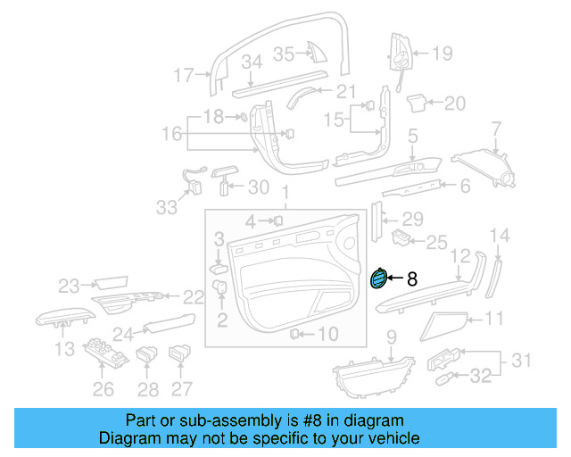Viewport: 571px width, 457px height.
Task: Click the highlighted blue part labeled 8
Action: click(378, 279)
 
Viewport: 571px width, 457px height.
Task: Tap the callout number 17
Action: click(183, 76)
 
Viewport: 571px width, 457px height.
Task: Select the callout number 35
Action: click(283, 54)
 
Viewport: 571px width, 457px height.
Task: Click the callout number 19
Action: click(443, 54)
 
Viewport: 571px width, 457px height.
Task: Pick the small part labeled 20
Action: click(415, 104)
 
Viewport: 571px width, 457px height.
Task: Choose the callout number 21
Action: click(346, 91)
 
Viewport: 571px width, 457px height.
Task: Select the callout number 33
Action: click(167, 207)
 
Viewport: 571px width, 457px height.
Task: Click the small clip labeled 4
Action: click(277, 220)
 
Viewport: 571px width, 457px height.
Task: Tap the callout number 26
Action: click(104, 388)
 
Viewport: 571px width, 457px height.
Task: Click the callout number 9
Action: click(390, 337)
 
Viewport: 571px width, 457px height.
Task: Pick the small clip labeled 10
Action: click(294, 334)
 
